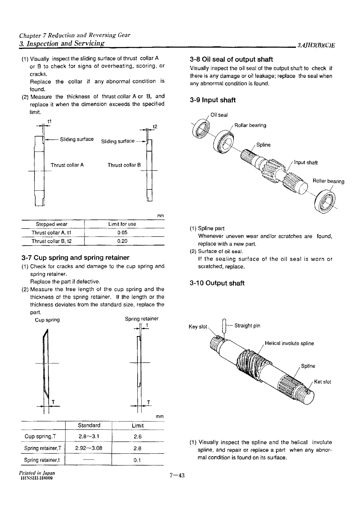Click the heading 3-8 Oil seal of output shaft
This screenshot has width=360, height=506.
231,60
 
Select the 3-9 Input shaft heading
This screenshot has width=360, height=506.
213,100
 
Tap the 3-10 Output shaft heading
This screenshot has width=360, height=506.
217,283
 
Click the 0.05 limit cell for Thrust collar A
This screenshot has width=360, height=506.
122,233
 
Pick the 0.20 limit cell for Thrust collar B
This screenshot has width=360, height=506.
122,241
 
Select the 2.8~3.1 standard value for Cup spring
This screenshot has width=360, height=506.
89,437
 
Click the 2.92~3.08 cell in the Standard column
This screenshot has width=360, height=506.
89,448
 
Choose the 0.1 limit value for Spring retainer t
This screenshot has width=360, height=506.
137,460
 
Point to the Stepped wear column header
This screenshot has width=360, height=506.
52,224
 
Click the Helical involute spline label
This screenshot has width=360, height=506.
289,343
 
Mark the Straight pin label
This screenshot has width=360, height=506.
247,326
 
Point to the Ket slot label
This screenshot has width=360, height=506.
322,382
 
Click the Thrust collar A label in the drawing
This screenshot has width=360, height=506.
67,165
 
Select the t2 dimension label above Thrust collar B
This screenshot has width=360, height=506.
155,127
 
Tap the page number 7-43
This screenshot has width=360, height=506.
177,475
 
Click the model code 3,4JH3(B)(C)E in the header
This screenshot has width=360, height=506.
316,46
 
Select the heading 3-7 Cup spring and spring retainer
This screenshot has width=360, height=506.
75,258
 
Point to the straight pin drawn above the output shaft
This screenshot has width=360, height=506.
223,326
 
